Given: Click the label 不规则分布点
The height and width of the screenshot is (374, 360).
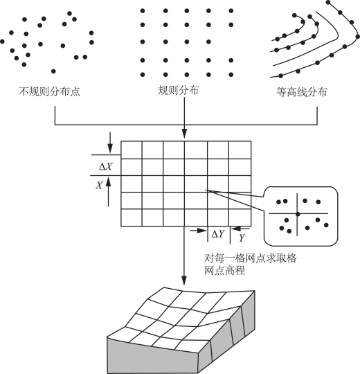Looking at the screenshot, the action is point(49,91).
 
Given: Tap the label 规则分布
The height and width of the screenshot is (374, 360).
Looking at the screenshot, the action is point(178,91).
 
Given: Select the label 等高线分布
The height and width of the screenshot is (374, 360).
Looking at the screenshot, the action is point(302,92).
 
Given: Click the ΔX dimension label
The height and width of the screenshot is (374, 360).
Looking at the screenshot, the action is point(106,166).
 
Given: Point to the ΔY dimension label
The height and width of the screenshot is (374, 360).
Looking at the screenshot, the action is point(218,234).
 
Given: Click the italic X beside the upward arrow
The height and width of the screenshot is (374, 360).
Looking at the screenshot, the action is point(99,185).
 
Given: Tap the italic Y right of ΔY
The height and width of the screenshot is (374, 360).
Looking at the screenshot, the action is point(242,238).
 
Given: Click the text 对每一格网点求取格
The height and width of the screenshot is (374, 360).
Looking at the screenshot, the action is point(251,258).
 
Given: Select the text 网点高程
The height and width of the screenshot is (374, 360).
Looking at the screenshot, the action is point(224,271).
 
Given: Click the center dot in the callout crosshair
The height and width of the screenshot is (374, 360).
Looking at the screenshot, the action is point(297,214).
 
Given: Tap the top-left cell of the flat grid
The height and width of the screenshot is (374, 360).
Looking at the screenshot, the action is point(132,150).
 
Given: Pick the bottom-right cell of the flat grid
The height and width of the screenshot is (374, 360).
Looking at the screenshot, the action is point(240,217).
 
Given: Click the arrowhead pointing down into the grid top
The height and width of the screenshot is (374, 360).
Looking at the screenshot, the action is point(184,134).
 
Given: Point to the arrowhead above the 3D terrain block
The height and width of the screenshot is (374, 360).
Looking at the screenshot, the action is point(184,280).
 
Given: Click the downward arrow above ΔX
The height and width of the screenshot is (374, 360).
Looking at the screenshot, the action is point(110,143).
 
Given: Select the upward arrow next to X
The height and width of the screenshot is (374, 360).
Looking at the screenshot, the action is point(108,193).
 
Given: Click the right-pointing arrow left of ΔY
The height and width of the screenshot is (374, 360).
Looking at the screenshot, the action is point(199,231).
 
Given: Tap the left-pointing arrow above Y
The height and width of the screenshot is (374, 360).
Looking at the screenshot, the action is point(240,229).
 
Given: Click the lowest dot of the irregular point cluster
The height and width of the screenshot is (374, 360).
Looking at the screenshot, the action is point(53,71).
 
